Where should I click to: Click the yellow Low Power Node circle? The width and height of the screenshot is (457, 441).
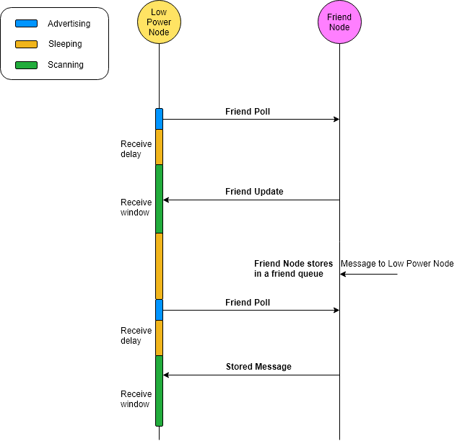click(159, 22)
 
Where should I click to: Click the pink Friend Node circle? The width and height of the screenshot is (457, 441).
click(339, 22)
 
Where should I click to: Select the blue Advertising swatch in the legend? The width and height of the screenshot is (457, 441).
click(27, 24)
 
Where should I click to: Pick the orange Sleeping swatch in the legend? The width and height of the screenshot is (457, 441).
click(27, 44)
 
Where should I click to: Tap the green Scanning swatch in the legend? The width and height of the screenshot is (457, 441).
click(27, 65)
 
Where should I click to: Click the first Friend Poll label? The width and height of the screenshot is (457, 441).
click(248, 112)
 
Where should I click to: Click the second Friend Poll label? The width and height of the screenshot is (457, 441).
click(248, 303)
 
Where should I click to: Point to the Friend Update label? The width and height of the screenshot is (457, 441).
click(254, 192)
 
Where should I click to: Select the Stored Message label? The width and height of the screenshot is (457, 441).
click(258, 367)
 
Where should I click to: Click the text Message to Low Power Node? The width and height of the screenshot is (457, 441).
click(397, 264)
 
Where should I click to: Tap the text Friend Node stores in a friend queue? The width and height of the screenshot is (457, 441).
click(288, 269)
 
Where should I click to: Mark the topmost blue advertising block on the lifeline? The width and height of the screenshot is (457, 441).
click(159, 119)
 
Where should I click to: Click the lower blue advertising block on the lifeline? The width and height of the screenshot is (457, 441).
click(159, 310)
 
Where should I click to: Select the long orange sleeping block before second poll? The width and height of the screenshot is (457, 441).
click(159, 266)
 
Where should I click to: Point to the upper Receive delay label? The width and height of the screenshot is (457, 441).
click(136, 149)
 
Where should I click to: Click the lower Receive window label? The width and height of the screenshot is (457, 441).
click(136, 399)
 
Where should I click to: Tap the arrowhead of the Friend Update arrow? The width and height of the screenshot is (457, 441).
click(167, 200)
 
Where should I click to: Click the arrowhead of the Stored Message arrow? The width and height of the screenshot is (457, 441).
click(167, 375)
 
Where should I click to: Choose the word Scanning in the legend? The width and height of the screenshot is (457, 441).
click(66, 65)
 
